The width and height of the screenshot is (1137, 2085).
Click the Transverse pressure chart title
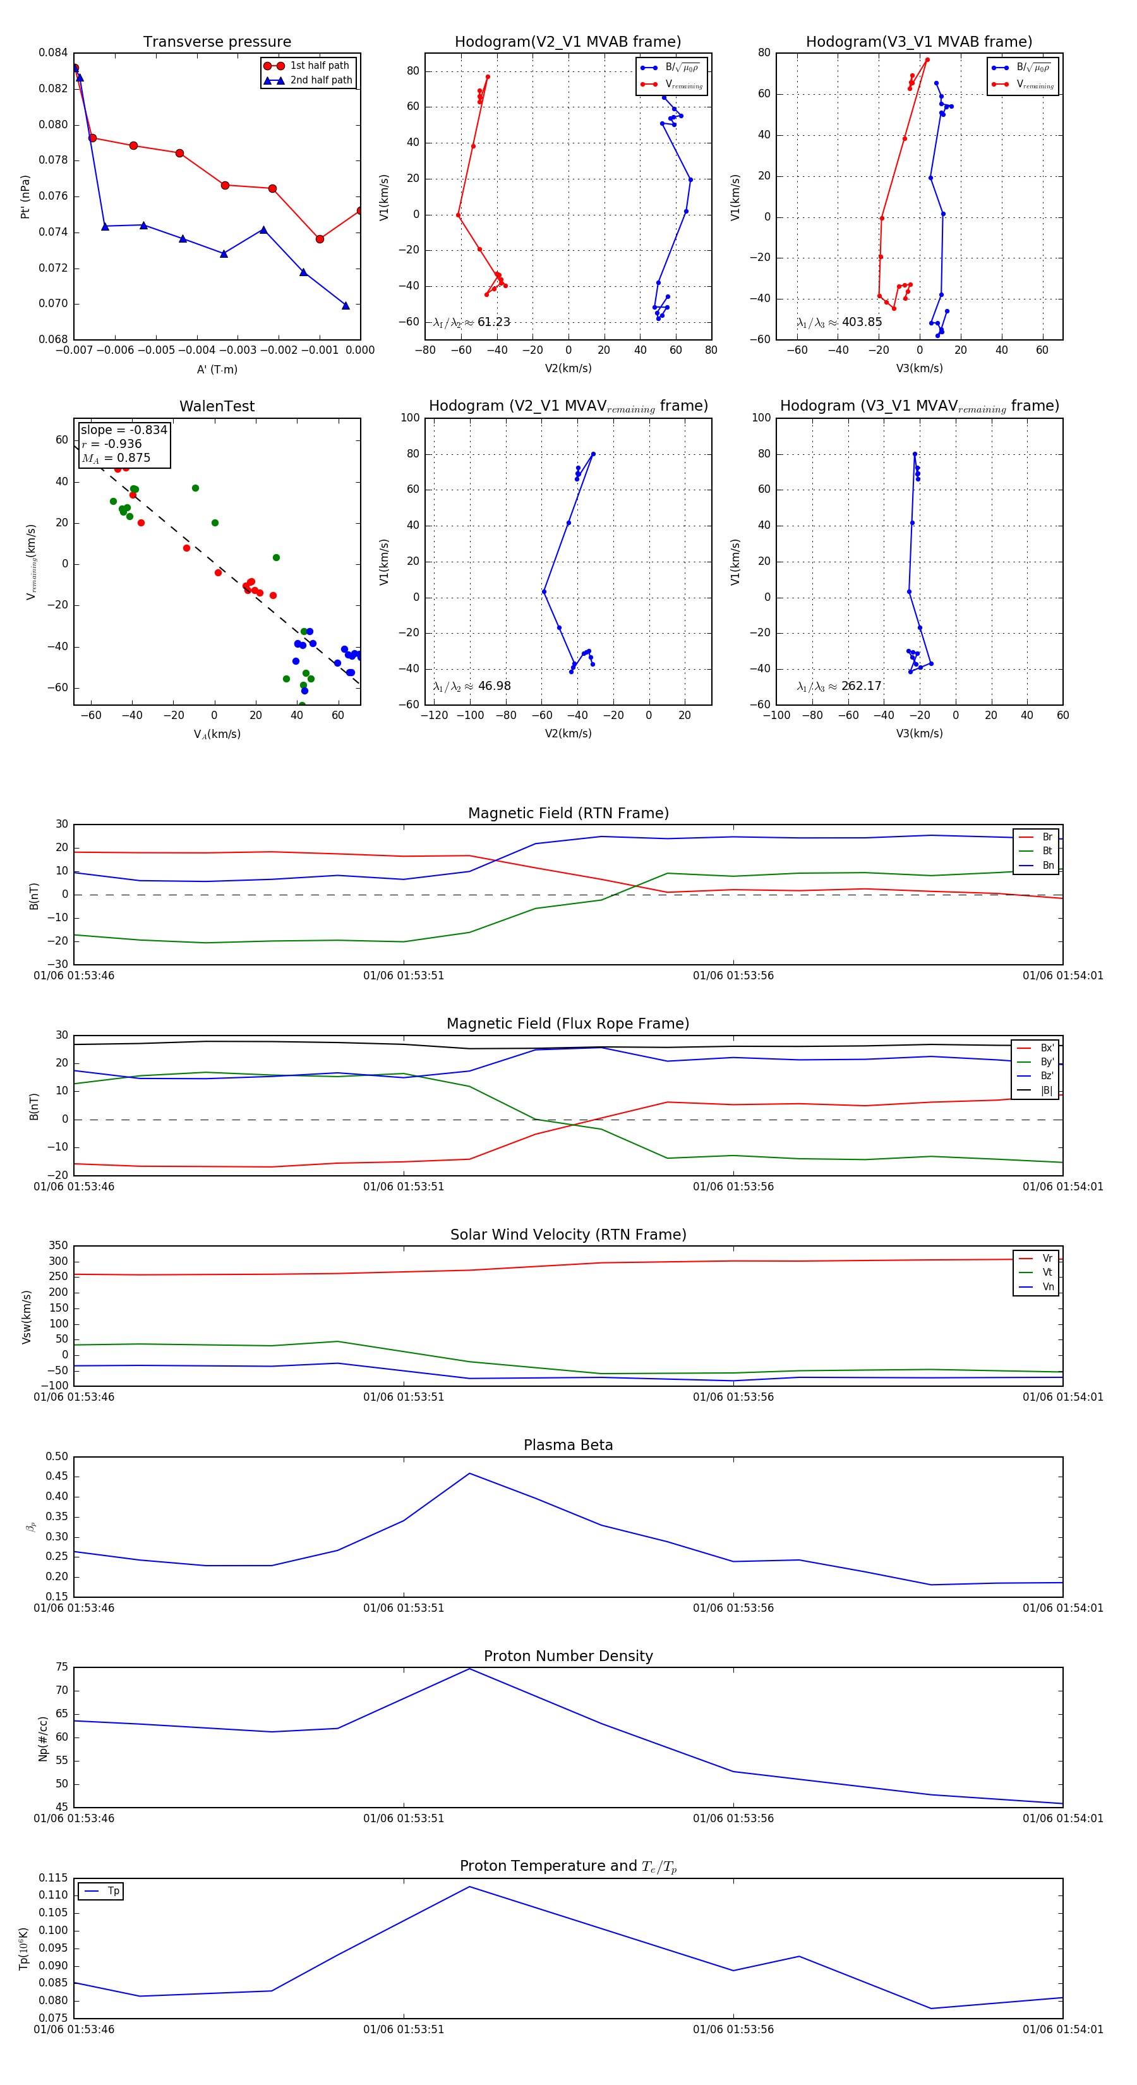pos(217,42)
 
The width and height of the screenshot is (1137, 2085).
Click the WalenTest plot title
pos(217,406)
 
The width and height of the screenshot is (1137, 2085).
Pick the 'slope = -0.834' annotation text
pos(124,430)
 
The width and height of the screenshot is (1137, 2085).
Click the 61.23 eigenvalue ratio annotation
pos(493,322)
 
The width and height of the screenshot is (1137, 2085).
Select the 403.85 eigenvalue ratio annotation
pos(861,322)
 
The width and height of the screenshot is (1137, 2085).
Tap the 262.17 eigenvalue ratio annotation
pos(861,686)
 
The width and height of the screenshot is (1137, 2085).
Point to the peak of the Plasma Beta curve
pos(469,1473)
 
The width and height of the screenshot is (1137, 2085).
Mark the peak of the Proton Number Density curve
pos(469,1668)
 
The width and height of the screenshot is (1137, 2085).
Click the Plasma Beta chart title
pos(568,1446)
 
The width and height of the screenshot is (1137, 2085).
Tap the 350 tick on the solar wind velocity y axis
pos(58,1246)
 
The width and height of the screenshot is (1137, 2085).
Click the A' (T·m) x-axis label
pos(217,370)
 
